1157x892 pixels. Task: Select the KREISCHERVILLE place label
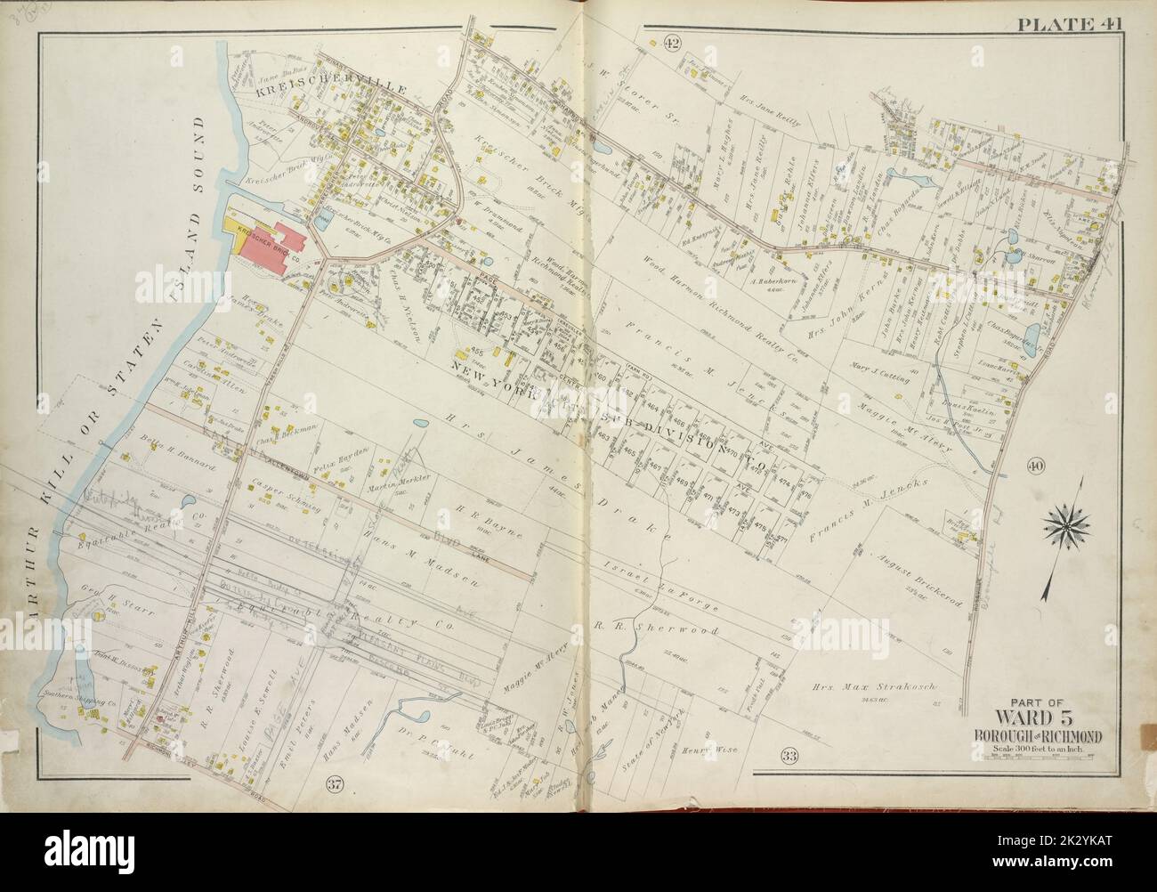[307, 91]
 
